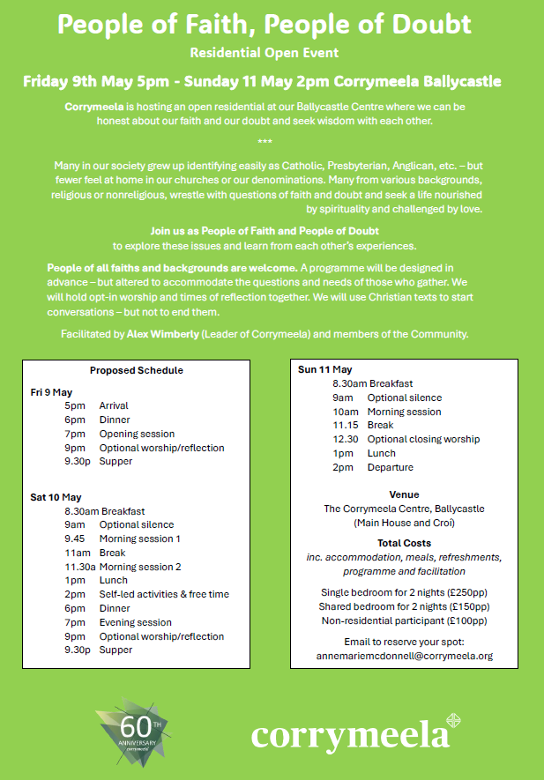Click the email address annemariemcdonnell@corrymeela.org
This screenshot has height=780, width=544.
pyautogui.click(x=404, y=656)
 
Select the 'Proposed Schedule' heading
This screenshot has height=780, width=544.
pyautogui.click(x=137, y=370)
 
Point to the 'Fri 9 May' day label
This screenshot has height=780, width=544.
pyautogui.click(x=52, y=391)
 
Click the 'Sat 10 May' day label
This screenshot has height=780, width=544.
pyautogui.click(x=56, y=497)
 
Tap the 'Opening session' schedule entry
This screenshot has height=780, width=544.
pyautogui.click(x=137, y=434)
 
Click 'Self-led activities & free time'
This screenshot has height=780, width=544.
pyautogui.click(x=164, y=594)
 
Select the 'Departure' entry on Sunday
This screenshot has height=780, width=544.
pyautogui.click(x=391, y=467)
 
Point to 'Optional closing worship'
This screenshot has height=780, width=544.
pyautogui.click(x=423, y=439)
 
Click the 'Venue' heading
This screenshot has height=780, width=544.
pyautogui.click(x=404, y=494)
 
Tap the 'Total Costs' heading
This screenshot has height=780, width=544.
pyautogui.click(x=404, y=543)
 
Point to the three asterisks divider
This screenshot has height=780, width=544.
pyautogui.click(x=265, y=142)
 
